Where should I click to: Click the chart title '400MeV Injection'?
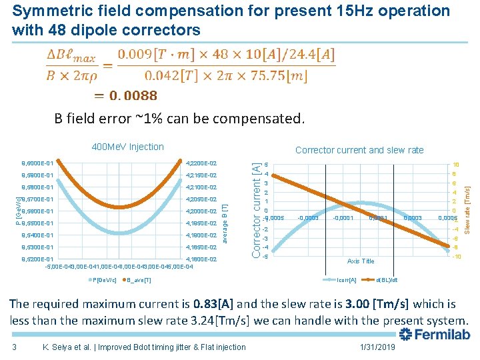(127, 147)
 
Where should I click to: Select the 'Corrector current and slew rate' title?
(359, 150)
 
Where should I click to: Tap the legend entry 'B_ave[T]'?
(139, 279)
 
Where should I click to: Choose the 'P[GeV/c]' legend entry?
(106, 279)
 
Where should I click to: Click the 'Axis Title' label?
(361, 261)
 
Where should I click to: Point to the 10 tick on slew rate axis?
(455, 165)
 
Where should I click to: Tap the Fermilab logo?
(435, 334)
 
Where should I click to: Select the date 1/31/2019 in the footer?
(377, 347)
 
